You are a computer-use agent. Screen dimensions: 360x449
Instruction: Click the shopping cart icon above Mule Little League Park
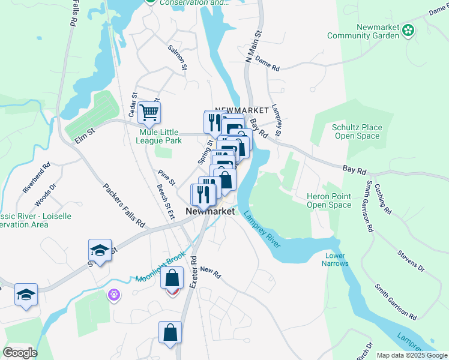[149, 112]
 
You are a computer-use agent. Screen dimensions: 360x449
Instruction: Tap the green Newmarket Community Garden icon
[408, 29]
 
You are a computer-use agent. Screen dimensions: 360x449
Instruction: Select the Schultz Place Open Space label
[357, 131]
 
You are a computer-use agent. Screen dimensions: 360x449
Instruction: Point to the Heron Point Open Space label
[328, 200]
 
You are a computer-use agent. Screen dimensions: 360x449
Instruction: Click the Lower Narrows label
[334, 259]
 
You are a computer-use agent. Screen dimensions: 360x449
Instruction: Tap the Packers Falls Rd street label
[123, 205]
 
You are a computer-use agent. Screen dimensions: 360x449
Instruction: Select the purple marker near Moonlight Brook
[115, 294]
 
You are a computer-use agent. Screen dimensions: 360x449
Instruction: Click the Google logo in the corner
[20, 353]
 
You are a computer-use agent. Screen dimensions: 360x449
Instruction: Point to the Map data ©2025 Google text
[412, 355]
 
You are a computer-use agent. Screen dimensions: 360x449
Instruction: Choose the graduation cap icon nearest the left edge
[26, 295]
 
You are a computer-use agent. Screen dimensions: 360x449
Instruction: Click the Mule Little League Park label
[160, 136]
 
